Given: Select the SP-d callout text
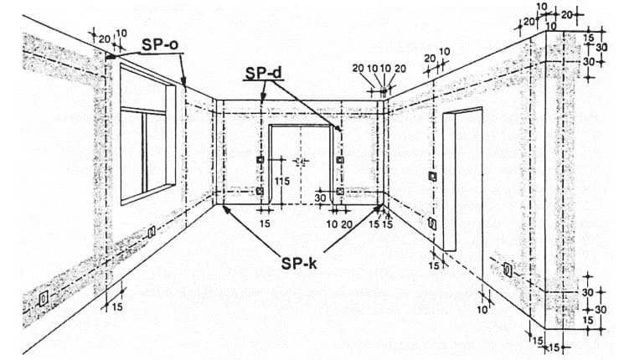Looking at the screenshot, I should click(x=262, y=74).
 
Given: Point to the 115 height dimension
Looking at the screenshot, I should click(x=281, y=181).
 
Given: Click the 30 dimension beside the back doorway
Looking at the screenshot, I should click(x=320, y=198).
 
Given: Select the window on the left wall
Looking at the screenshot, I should click(x=147, y=134).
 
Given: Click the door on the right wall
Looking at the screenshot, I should click(x=462, y=179).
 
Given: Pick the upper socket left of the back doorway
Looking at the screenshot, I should click(x=260, y=159).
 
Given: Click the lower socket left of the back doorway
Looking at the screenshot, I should click(x=260, y=191).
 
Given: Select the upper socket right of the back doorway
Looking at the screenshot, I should click(x=339, y=159).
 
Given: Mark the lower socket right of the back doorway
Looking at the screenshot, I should click(x=339, y=191).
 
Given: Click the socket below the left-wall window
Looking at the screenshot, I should click(x=151, y=233).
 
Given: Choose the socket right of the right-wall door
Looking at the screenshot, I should click(x=508, y=270).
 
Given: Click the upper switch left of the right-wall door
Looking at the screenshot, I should click(x=432, y=176).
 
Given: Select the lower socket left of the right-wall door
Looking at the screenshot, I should click(x=431, y=223).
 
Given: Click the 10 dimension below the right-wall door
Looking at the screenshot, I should click(x=481, y=310).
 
